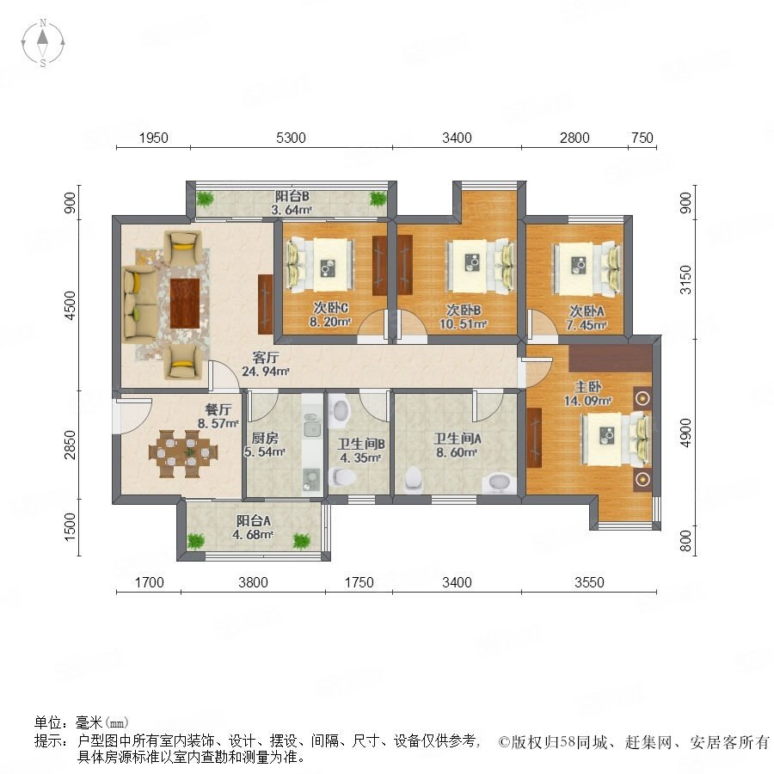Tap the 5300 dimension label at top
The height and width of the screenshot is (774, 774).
pyautogui.click(x=291, y=138)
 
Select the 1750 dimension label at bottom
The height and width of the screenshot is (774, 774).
pyautogui.click(x=359, y=582)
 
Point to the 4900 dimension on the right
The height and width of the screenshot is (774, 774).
pyautogui.click(x=685, y=433)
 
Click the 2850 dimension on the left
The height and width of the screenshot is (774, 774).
pyautogui.click(x=71, y=445)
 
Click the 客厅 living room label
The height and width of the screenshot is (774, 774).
pyautogui.click(x=266, y=357)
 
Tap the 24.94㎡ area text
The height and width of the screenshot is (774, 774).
pyautogui.click(x=265, y=372)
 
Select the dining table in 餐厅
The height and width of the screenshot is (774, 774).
pyautogui.click(x=183, y=454)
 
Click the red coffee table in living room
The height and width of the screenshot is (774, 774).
pyautogui.click(x=185, y=303)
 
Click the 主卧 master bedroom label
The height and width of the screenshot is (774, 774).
pyautogui.click(x=587, y=386)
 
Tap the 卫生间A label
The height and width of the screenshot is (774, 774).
pyautogui.click(x=458, y=439)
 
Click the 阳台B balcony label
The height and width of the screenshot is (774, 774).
pyautogui.click(x=292, y=196)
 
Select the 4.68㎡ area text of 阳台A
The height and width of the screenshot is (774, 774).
pyautogui.click(x=253, y=535)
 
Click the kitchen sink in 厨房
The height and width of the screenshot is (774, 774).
pyautogui.click(x=311, y=428)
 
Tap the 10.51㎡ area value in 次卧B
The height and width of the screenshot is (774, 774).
pyautogui.click(x=464, y=324)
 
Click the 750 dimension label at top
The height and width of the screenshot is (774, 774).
pyautogui.click(x=642, y=138)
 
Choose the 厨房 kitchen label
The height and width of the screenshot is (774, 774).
pyautogui.click(x=265, y=438)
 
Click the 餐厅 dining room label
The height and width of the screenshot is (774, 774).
pyautogui.click(x=218, y=409)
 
